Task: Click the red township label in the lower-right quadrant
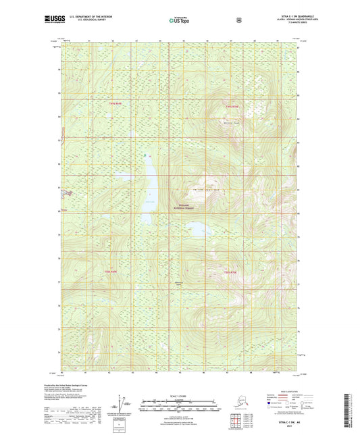click(x=230, y=272)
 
